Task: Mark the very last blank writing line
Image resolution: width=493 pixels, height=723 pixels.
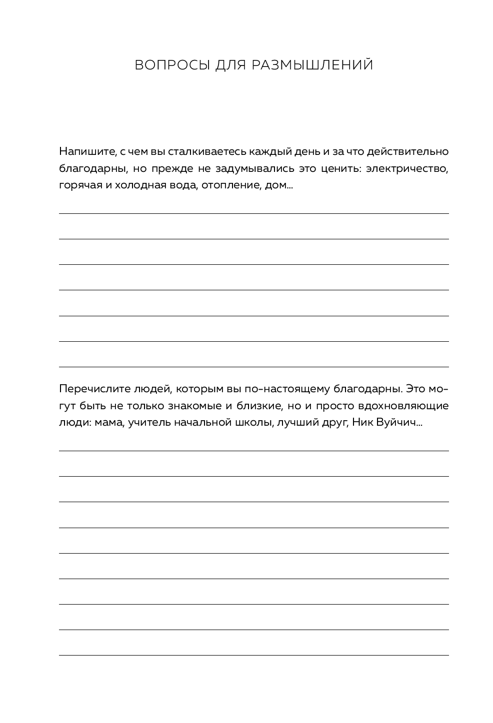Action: [253, 655]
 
